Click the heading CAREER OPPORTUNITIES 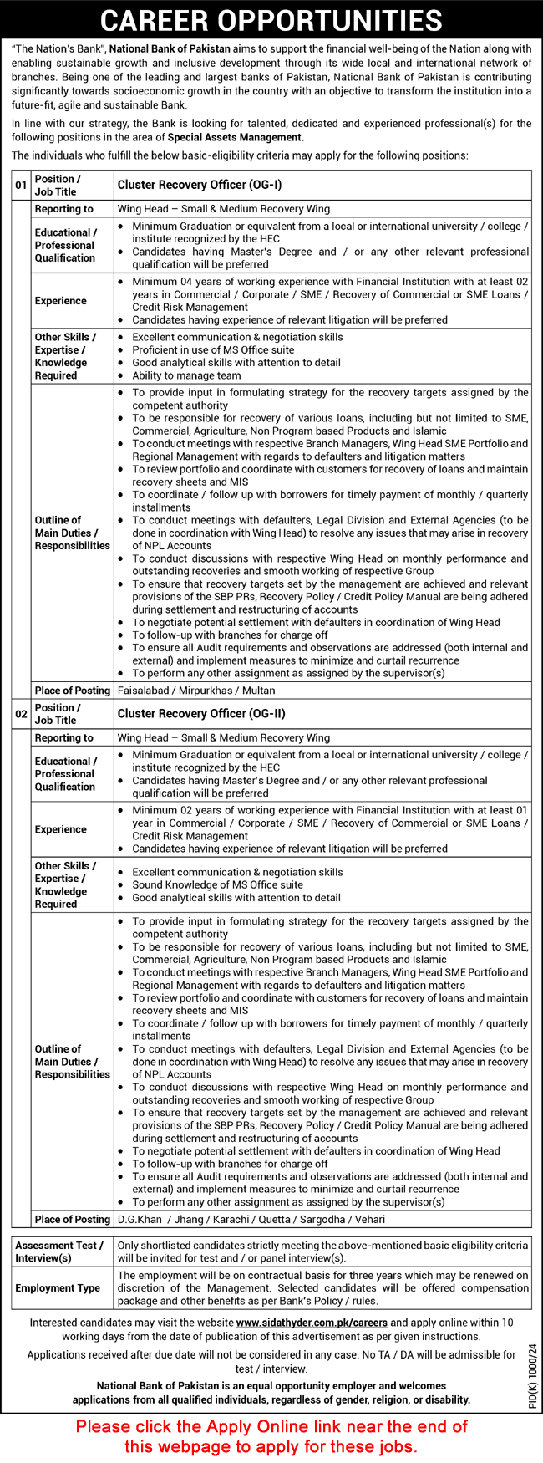point(271,19)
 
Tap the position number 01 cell point(21,185)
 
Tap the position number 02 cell point(21,714)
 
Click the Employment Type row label point(58,1288)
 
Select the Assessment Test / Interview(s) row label point(59,1251)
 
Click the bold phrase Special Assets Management point(236,137)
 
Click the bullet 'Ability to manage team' point(186,375)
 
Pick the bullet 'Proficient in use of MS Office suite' point(213,349)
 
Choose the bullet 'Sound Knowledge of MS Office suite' point(217,884)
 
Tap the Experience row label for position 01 point(61,301)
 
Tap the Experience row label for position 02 point(61,829)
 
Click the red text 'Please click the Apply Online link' point(271,1426)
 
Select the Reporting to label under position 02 point(64,737)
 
